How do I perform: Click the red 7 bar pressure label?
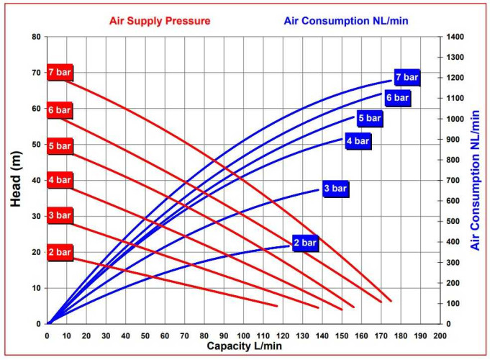tap(60, 72)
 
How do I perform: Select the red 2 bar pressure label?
tap(60, 252)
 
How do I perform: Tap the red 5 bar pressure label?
tap(60, 146)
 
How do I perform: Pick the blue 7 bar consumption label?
tap(407, 77)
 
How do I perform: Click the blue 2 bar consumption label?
tap(305, 243)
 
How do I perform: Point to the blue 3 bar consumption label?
tap(335, 189)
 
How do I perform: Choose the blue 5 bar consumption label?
tap(369, 118)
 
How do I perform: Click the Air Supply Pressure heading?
tap(160, 20)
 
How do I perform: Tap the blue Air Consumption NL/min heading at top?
tap(346, 20)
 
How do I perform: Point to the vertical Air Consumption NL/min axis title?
tap(475, 181)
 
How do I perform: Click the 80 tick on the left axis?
tap(36, 37)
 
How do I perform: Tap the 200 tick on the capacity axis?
tap(440, 336)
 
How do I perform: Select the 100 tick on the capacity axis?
tap(244, 336)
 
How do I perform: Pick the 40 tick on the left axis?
tap(36, 180)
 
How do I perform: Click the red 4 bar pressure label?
tap(60, 180)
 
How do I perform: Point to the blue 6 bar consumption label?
tap(397, 98)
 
